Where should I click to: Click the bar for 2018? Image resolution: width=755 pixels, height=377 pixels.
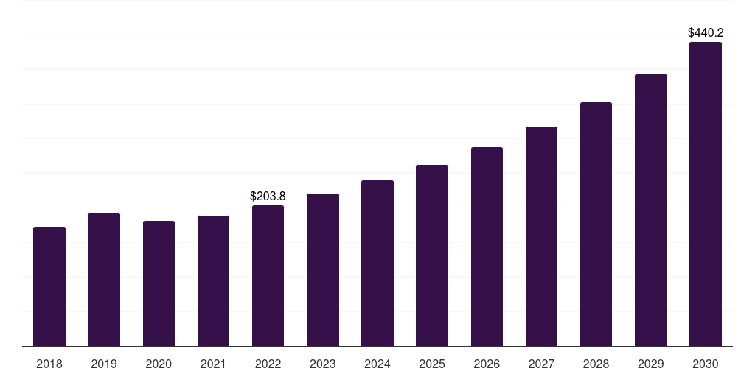[49, 286]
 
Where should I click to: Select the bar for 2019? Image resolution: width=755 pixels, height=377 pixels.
[104, 279]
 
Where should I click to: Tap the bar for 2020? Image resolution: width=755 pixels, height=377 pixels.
[159, 283]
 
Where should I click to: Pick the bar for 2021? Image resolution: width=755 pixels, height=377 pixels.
[213, 281]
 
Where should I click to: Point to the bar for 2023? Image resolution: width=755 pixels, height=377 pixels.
[323, 269]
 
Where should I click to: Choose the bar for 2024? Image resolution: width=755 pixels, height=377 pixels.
[377, 264]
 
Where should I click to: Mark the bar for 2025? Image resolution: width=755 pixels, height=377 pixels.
[432, 256]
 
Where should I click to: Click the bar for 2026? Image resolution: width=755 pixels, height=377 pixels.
[487, 247]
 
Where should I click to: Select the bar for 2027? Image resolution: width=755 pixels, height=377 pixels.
[541, 236]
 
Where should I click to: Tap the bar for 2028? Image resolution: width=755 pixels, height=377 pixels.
[596, 224]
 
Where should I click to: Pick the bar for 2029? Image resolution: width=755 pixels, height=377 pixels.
[651, 210]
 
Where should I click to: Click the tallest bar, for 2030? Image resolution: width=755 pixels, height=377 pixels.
[706, 194]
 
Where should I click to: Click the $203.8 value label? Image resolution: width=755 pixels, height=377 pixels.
[268, 196]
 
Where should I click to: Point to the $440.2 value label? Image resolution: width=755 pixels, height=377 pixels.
[706, 32]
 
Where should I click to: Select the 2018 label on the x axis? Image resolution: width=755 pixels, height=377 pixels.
[49, 364]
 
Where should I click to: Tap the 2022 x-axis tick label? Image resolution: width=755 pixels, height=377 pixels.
[268, 364]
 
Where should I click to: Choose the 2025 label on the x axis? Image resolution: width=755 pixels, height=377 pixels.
[432, 364]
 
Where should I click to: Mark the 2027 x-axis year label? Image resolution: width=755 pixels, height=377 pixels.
[541, 364]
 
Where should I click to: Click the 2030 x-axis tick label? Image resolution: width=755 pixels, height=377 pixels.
[706, 364]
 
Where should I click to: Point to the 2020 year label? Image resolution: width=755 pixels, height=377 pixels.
[159, 364]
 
